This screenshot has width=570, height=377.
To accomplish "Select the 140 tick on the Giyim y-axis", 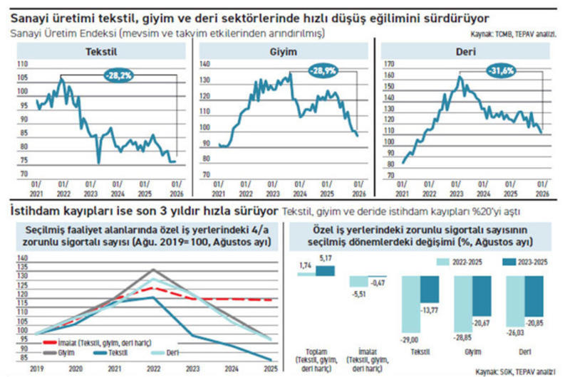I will tap(204, 64).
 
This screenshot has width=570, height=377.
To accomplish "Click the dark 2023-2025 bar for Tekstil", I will tap(430, 289).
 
